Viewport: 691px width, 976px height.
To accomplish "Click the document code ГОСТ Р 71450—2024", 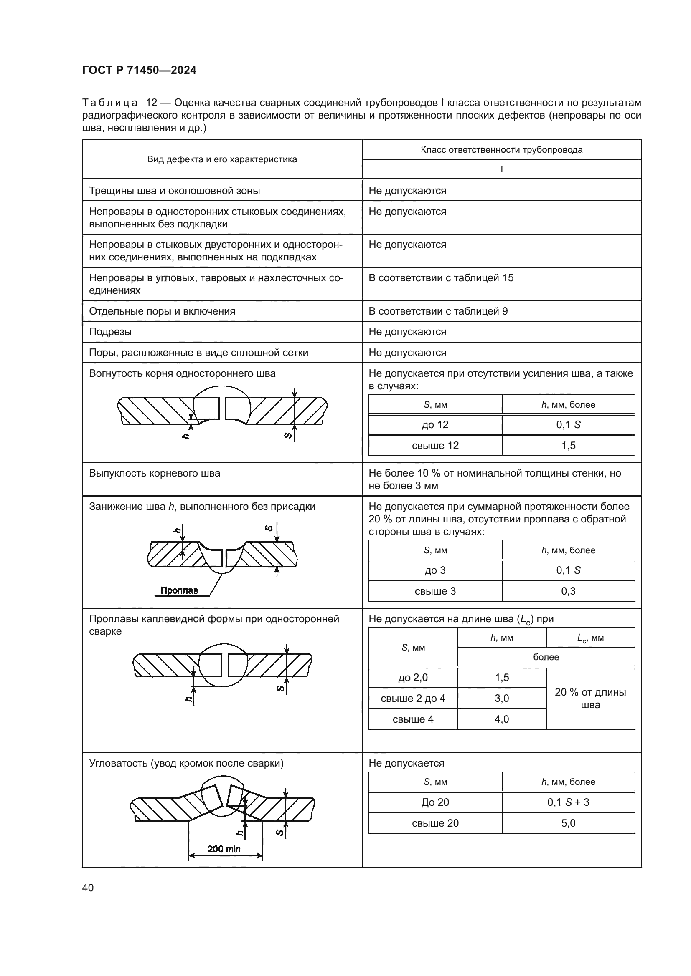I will pyautogui.click(x=139, y=70).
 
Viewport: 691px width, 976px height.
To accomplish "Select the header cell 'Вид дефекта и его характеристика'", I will pyautogui.click(x=222, y=159).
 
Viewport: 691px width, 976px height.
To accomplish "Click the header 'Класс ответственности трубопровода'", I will pyautogui.click(x=501, y=150).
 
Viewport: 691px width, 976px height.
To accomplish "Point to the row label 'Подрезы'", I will pyautogui.click(x=110, y=332).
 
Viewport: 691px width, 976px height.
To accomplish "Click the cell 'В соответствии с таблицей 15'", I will pyautogui.click(x=441, y=278).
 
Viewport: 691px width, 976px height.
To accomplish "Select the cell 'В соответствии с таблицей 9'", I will pyautogui.click(x=438, y=311).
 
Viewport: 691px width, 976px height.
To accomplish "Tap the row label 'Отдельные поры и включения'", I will pyautogui.click(x=162, y=311).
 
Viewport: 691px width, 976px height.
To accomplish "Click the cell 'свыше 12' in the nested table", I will pyautogui.click(x=435, y=446).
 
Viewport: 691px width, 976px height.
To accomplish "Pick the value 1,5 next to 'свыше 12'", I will pyautogui.click(x=568, y=446).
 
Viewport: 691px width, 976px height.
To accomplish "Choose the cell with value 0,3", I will pyautogui.click(x=568, y=591).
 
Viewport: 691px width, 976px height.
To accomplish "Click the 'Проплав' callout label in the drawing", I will pyautogui.click(x=179, y=590).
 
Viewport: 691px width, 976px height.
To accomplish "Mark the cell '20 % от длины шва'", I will pyautogui.click(x=590, y=699).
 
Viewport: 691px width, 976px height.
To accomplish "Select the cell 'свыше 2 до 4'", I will pyautogui.click(x=413, y=699).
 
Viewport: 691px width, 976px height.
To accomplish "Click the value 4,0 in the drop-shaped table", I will pyautogui.click(x=502, y=719).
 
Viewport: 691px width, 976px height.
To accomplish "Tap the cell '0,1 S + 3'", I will pyautogui.click(x=568, y=802).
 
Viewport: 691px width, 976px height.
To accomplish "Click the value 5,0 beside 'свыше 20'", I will pyautogui.click(x=568, y=823).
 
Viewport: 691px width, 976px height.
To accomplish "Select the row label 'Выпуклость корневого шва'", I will pyautogui.click(x=155, y=473).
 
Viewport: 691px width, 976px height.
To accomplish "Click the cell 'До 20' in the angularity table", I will pyautogui.click(x=435, y=802).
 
